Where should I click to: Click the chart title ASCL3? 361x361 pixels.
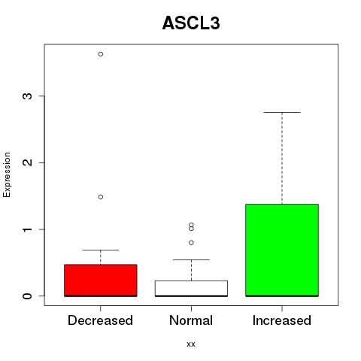191,23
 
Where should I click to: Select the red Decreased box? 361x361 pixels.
101,281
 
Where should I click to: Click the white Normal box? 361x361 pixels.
191,288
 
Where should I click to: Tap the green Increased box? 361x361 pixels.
282,250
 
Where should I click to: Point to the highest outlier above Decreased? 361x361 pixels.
101,54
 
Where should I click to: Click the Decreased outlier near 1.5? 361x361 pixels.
101,197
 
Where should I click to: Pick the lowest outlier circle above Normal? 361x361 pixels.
191,242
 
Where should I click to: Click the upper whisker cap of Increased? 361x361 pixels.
282,112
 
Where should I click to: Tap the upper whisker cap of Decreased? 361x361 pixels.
101,250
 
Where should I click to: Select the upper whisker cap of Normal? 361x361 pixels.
191,259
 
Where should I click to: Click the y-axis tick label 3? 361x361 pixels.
27,96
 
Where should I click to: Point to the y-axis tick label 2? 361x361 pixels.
27,162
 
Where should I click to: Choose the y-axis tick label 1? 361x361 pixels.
27,229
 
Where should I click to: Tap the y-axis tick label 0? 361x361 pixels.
27,296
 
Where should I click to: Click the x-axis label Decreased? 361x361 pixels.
100,320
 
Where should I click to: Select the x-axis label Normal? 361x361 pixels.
191,320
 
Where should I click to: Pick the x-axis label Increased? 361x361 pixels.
282,320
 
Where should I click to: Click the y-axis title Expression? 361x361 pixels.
7,174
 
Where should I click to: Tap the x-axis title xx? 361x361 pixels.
191,344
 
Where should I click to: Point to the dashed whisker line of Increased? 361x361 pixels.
282,158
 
